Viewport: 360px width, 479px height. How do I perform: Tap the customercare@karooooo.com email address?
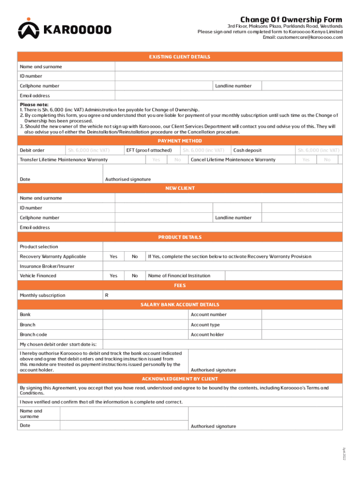(302, 37)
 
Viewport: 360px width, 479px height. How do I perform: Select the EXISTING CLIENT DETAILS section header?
(180, 57)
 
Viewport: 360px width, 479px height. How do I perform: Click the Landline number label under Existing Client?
(233, 86)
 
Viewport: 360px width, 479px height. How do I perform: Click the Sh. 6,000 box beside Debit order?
(88, 150)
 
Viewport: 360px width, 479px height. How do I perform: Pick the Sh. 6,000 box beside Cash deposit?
(318, 150)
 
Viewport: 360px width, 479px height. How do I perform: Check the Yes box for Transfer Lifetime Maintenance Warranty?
(156, 160)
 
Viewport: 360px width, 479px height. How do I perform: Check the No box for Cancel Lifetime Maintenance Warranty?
(327, 160)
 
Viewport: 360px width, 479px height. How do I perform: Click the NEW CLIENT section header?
(180, 189)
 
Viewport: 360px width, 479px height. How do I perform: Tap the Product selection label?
(39, 247)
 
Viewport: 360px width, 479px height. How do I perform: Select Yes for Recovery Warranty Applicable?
(114, 257)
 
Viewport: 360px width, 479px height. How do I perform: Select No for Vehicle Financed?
(135, 276)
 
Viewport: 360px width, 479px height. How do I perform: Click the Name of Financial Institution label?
(179, 276)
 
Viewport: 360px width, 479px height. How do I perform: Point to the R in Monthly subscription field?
(107, 296)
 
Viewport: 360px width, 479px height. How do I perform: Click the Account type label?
(205, 325)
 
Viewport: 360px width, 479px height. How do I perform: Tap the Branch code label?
(33, 335)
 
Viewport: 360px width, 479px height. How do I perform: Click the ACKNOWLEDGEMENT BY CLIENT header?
(180, 379)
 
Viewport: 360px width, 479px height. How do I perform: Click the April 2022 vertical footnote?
(345, 453)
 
